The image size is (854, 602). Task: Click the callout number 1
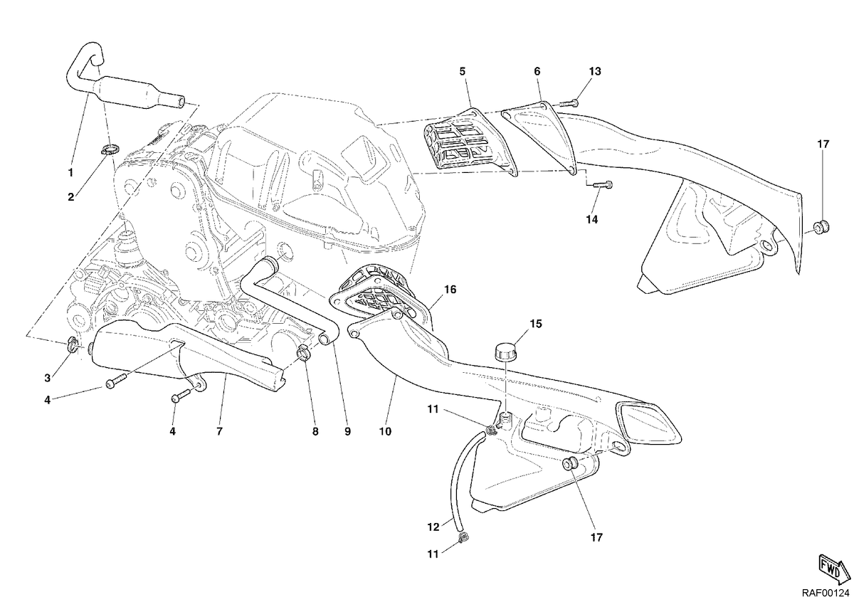(70, 173)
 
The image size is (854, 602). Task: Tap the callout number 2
(71, 197)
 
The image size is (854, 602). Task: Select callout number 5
(463, 71)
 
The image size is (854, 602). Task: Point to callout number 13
(595, 71)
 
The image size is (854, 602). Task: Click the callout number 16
(450, 290)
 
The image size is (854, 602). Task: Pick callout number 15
(536, 324)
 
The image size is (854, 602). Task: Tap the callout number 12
(433, 527)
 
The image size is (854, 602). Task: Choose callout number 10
(386, 431)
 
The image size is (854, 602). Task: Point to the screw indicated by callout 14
(603, 184)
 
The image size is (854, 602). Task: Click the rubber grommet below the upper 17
(823, 227)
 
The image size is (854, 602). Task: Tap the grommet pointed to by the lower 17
(570, 465)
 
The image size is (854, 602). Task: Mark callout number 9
(347, 431)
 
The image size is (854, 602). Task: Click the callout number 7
(219, 431)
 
